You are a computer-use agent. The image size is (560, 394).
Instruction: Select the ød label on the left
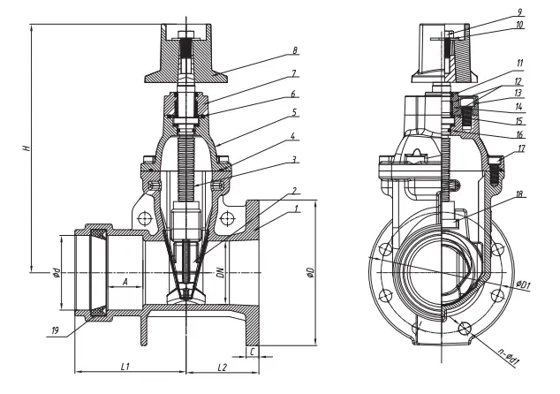tap(55, 272)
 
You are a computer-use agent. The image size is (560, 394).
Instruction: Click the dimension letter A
tap(125, 282)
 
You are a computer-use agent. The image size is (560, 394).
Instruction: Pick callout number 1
tap(296, 208)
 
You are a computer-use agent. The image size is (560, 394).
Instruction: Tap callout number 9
tap(519, 12)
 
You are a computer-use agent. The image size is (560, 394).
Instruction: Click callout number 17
tap(522, 149)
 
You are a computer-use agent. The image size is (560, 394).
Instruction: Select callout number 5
tap(296, 112)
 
